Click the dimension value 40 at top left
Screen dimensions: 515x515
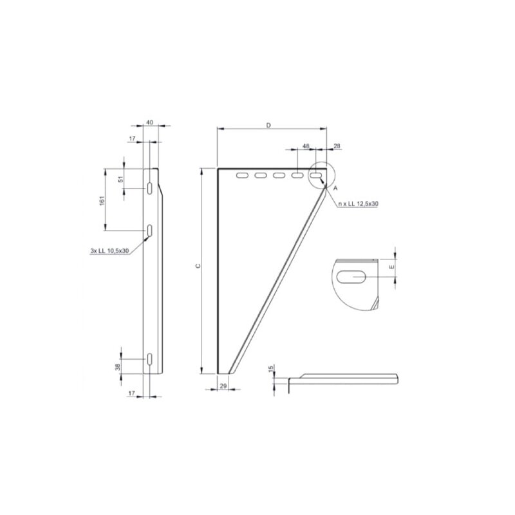149,122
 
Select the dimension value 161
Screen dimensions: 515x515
102,201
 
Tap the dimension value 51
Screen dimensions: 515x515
120,180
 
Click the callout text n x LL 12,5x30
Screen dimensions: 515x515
358,203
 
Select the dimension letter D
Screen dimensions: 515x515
268,126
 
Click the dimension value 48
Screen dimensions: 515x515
306,147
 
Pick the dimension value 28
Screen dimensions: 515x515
337,147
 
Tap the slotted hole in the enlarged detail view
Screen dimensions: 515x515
351,277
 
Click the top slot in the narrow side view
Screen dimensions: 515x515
149,188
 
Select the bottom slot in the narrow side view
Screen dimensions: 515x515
149,360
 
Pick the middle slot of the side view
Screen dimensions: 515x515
149,230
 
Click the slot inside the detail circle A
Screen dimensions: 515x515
317,175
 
